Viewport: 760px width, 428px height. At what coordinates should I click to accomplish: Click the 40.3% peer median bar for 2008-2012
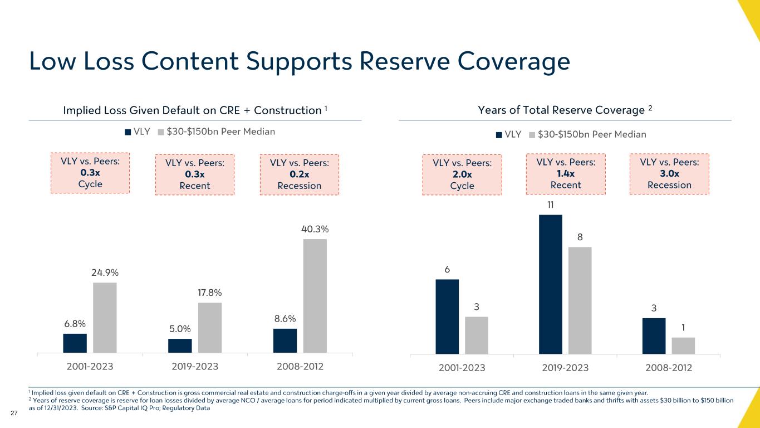(315, 296)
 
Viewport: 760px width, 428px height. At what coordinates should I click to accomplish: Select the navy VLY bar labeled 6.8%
(75, 343)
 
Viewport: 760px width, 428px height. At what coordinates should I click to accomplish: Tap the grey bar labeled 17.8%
(210, 328)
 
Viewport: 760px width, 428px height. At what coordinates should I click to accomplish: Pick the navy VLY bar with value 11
(551, 284)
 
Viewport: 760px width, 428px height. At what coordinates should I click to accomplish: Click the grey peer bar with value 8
(580, 300)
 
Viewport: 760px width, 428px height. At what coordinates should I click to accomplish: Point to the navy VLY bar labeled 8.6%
(285, 341)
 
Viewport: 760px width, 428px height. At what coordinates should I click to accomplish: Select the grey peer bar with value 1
(683, 346)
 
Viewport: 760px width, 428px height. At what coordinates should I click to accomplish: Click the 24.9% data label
(105, 273)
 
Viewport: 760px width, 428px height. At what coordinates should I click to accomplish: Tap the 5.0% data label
(180, 329)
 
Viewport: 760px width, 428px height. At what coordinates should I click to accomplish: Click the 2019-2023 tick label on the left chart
(195, 368)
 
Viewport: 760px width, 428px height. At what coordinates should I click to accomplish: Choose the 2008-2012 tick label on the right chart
(668, 368)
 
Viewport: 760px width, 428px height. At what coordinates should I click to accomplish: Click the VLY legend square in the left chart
(128, 132)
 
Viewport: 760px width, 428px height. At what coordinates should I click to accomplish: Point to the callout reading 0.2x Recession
(299, 174)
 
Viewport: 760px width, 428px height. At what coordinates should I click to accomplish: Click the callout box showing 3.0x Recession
(669, 174)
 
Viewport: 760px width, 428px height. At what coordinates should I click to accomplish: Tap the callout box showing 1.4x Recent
(566, 174)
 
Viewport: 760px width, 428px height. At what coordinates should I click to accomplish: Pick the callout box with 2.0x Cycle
(462, 174)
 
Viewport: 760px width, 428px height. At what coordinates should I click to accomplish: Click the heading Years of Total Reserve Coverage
(565, 110)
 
